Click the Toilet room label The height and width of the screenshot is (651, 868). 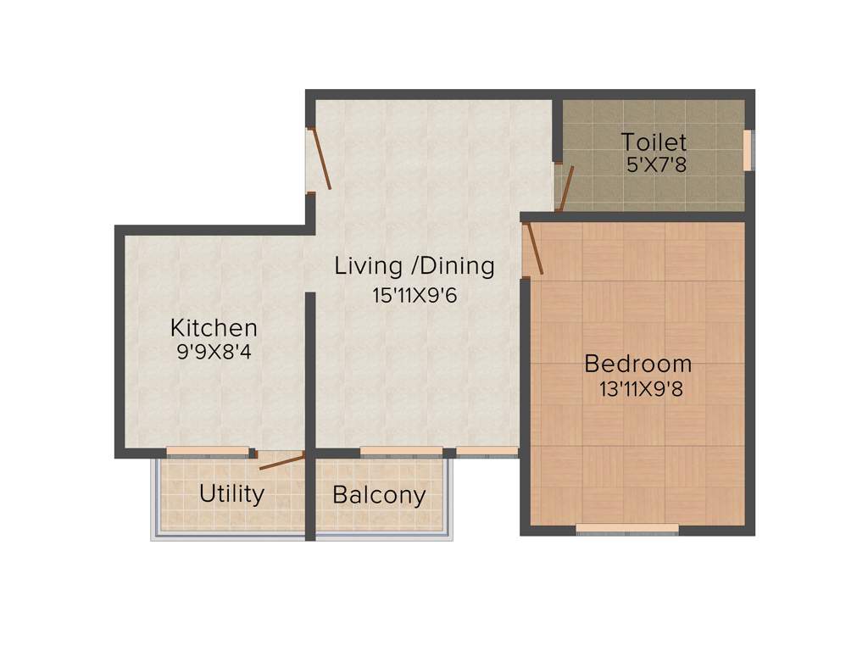(654, 142)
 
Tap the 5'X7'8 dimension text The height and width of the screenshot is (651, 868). (655, 164)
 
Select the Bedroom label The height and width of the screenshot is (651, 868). (638, 364)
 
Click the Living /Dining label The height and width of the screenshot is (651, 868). (415, 266)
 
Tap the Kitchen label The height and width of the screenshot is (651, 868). (214, 327)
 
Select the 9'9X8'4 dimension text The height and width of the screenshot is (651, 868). (214, 352)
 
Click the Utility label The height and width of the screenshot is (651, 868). (231, 493)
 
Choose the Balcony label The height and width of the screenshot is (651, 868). (379, 495)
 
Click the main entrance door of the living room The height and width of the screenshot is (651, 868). (320, 159)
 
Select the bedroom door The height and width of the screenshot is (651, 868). (533, 248)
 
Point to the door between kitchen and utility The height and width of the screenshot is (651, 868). (281, 462)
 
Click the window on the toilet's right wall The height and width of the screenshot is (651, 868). (748, 150)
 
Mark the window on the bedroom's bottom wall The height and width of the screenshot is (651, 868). (626, 530)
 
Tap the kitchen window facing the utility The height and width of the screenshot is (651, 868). (208, 452)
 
